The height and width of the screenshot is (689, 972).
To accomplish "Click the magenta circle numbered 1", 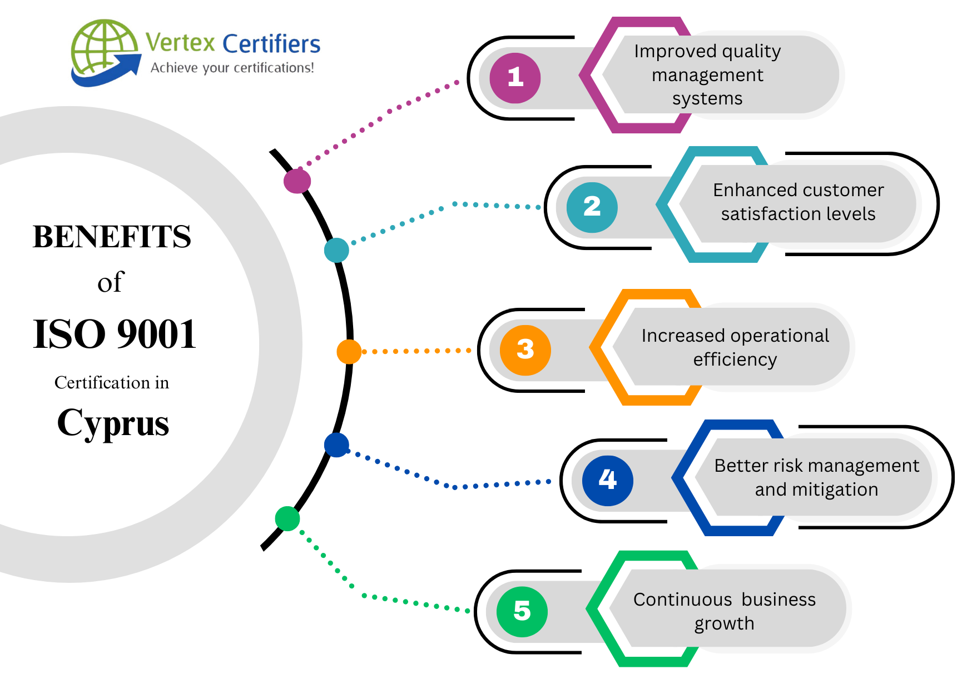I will (515, 78).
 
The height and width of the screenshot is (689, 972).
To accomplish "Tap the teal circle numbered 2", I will (592, 207).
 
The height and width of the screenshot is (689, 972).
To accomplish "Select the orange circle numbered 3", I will (525, 350).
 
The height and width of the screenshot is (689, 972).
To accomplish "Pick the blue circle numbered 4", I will (607, 480).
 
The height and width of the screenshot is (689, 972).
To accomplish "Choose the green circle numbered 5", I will (522, 611).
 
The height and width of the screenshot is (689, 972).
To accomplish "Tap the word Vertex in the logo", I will (180, 43).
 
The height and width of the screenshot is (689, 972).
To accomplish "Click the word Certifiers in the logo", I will (271, 44).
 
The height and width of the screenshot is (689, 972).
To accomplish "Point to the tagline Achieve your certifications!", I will (232, 68).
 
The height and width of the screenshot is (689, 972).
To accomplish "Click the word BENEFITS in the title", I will (112, 237).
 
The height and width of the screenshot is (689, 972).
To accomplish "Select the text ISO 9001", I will (115, 334).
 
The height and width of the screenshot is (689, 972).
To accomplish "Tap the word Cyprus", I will (113, 423).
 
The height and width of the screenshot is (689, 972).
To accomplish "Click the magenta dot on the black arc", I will (297, 181).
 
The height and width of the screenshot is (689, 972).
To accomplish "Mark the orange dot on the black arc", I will (349, 352).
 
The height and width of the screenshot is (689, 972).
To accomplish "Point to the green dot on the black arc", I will (287, 518).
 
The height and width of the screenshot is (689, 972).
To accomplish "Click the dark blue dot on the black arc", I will (336, 445).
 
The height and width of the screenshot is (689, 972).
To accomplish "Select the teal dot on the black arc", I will (336, 250).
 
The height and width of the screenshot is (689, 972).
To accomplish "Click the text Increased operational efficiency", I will (735, 347).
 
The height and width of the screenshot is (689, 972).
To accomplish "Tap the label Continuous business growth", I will (724, 611).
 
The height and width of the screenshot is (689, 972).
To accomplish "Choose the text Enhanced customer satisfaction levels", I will (798, 202).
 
